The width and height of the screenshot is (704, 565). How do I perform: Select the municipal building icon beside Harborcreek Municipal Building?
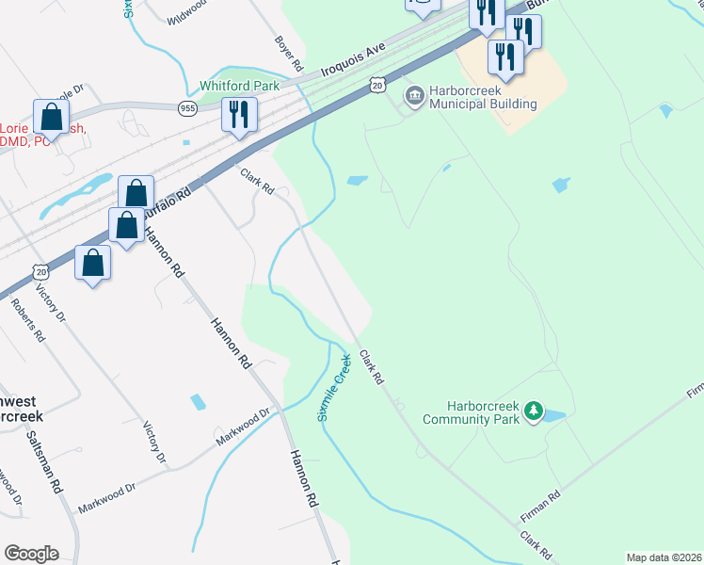pos(413,96)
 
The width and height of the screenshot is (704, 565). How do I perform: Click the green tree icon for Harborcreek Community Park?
pos(534,411)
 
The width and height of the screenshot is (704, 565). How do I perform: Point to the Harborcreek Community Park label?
pos(471,411)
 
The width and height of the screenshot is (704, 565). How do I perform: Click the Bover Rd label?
pos(288,55)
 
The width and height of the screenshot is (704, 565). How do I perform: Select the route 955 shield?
pos(187,108)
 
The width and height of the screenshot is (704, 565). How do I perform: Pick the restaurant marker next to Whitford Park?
pos(239,115)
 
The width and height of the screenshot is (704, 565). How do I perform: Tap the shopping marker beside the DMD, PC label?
pos(51,118)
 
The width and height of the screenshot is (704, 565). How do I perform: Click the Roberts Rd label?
pos(27,319)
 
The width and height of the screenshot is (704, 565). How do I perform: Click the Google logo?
pos(31,554)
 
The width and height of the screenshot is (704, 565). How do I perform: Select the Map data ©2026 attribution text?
pos(664,557)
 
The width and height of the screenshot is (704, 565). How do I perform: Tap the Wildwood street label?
pos(186,12)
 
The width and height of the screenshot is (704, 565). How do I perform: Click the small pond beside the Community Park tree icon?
pos(554,415)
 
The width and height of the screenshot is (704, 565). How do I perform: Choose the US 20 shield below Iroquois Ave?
pos(376,86)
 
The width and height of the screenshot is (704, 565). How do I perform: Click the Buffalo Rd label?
pos(166,202)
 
